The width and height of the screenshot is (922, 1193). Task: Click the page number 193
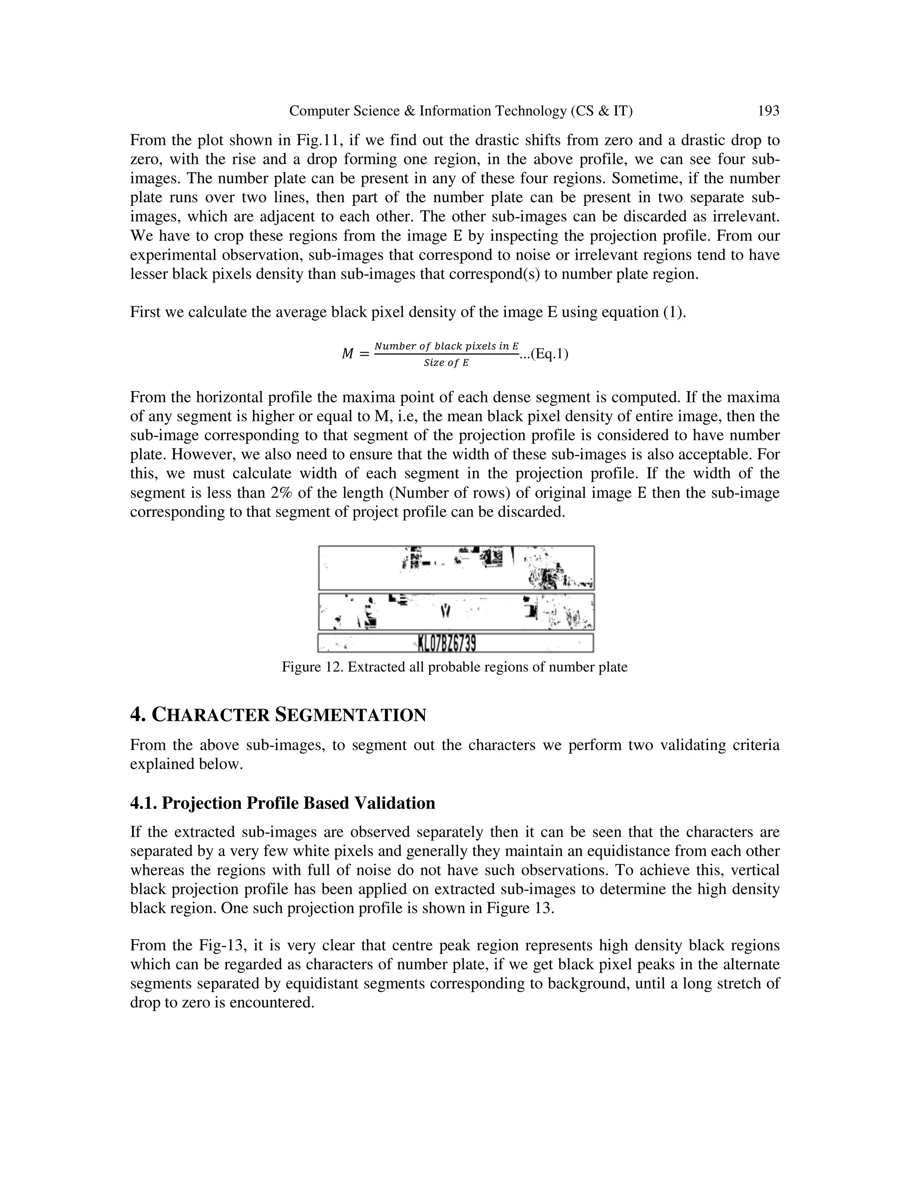768,111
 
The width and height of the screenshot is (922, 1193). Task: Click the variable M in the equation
348,354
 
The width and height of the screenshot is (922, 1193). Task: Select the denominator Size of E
446,363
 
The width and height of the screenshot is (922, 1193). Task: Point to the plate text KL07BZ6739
446,644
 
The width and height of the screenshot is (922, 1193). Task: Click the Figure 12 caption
454,667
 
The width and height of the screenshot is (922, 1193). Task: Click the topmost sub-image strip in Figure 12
456,568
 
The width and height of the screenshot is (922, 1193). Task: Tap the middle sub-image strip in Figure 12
456,612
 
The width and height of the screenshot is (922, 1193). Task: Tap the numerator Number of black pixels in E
446,346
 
